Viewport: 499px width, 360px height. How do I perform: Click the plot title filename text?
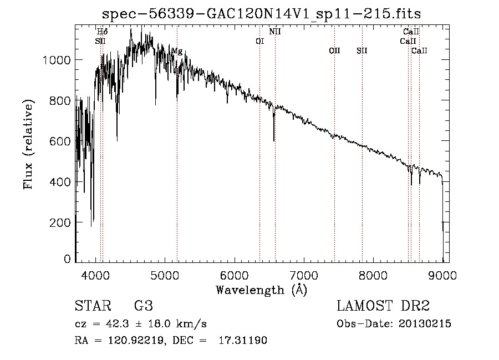[x=261, y=14]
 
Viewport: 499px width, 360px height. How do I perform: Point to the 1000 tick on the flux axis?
[x=57, y=60]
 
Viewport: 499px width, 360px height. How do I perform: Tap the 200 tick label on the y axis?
[x=60, y=222]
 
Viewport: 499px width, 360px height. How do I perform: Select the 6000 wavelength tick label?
[x=235, y=275]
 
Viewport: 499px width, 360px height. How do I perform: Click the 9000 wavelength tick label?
[x=442, y=275]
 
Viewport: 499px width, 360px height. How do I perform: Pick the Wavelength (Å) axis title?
[x=262, y=290]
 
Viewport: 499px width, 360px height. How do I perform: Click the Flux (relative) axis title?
[x=28, y=144]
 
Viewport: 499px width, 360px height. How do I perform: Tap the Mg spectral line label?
[x=177, y=51]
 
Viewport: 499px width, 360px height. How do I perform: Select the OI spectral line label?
[x=259, y=41]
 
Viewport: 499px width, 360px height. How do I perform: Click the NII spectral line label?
[x=275, y=32]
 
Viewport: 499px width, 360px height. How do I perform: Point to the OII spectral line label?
[x=334, y=50]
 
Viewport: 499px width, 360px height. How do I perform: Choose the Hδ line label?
[x=102, y=32]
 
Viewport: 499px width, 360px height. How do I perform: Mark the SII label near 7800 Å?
[x=362, y=50]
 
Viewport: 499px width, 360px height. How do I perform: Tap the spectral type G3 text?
[x=144, y=306]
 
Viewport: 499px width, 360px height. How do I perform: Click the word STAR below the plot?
[x=93, y=306]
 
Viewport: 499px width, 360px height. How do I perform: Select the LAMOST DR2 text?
[x=383, y=306]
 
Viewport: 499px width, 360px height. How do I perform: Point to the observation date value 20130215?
[x=425, y=324]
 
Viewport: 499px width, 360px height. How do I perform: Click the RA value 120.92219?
[x=136, y=341]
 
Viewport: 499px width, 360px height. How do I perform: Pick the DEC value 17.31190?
[x=243, y=341]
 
